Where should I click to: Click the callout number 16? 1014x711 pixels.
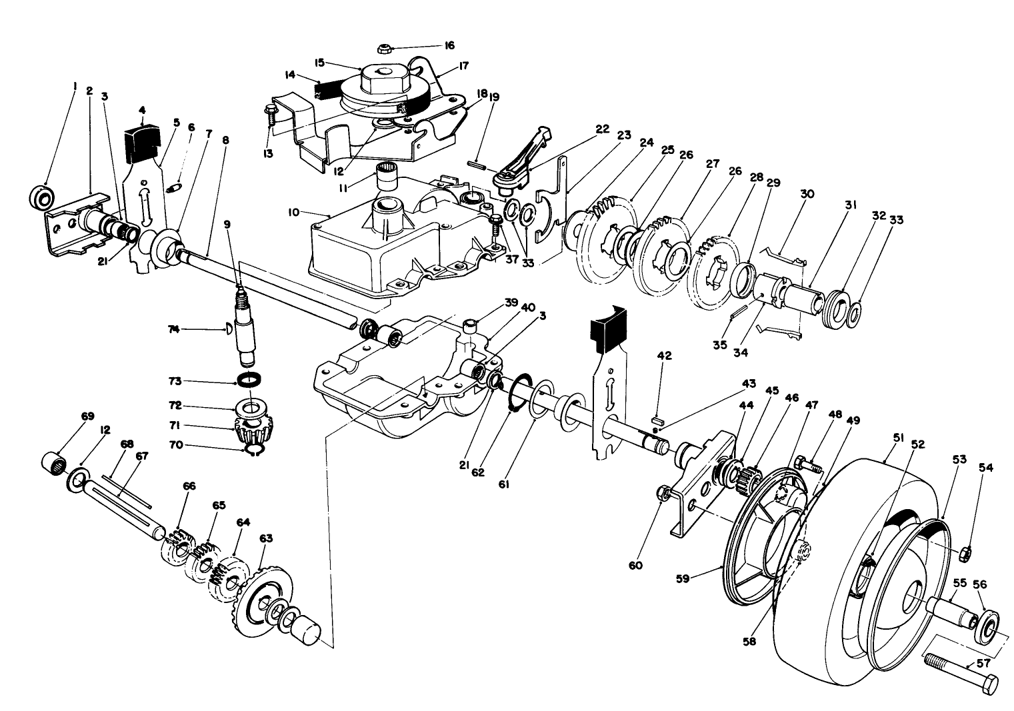point(449,46)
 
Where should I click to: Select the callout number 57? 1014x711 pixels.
point(984,664)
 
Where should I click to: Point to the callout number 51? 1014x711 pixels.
point(899,438)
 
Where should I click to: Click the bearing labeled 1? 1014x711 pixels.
point(43,197)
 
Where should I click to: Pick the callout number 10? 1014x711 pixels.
point(294,212)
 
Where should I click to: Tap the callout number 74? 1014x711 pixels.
point(175,329)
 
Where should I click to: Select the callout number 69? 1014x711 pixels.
point(87,416)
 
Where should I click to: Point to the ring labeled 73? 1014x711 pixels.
point(249,379)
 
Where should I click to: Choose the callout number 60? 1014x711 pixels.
point(635,565)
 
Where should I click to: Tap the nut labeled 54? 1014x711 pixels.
point(964,554)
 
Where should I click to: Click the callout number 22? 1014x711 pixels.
point(603,129)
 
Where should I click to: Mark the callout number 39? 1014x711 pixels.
point(511,303)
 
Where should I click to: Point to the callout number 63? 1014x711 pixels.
point(266,538)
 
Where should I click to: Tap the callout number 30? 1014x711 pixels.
point(807,194)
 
